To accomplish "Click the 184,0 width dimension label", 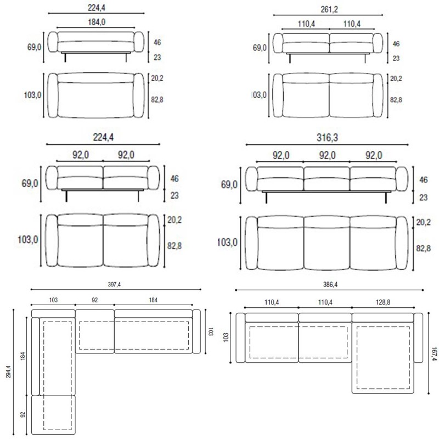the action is [x=97, y=22].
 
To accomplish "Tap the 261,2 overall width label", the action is [x=329, y=9].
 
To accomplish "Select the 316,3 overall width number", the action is [x=327, y=138].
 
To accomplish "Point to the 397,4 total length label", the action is [x=114, y=284].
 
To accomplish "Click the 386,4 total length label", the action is [x=330, y=284].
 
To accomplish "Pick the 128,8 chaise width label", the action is [x=382, y=302].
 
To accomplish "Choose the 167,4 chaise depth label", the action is [x=434, y=353].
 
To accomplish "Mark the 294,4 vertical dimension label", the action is [x=8, y=372].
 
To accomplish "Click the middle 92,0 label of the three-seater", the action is [x=327, y=155].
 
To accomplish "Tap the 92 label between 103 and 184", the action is [x=94, y=300].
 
